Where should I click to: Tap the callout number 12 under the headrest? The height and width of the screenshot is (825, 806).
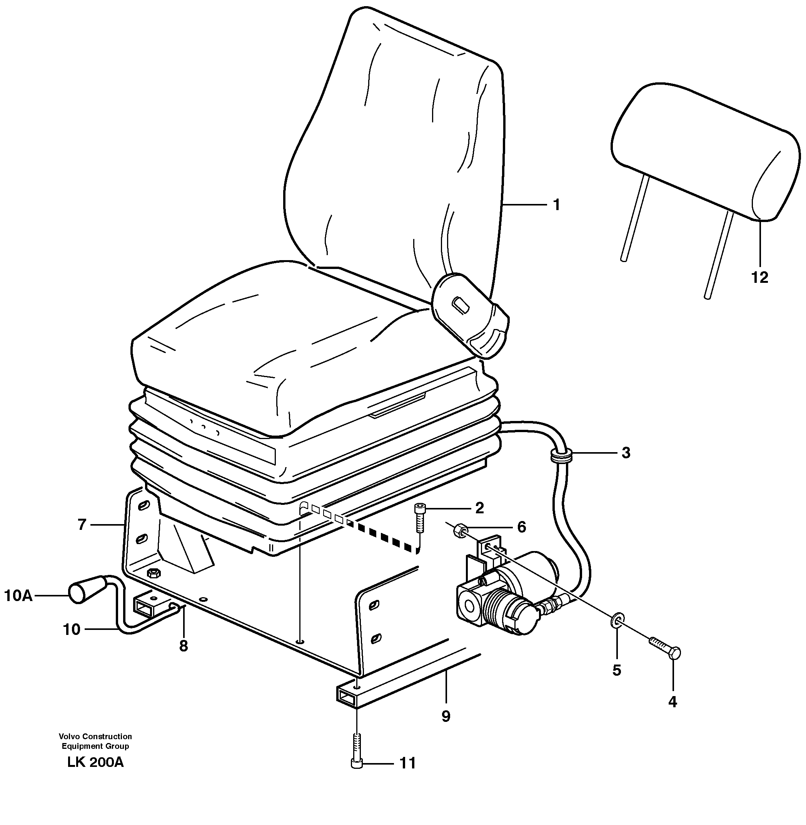(x=759, y=278)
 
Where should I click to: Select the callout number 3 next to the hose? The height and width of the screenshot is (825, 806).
(x=626, y=453)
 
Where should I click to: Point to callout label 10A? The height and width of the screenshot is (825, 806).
(x=18, y=596)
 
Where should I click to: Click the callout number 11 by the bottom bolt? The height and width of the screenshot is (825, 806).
(x=408, y=763)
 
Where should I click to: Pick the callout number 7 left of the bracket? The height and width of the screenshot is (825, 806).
(x=82, y=525)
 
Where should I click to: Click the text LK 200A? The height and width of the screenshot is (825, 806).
(x=95, y=762)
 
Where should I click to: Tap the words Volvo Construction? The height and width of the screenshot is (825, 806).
(x=95, y=736)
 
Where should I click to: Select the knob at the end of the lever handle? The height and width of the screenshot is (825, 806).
(x=81, y=591)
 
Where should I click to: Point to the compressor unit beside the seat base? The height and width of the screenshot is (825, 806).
(x=508, y=593)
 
